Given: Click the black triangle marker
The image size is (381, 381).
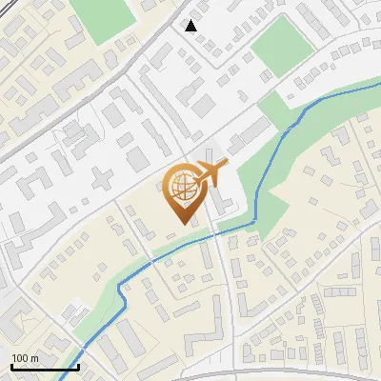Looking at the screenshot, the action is (191, 26).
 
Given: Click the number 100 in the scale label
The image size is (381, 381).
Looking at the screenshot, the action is (20, 358).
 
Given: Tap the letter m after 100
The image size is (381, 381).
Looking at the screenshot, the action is (34, 358).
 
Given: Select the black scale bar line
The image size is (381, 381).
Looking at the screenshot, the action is (45, 367).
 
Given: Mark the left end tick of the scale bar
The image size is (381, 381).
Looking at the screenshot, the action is (11, 366).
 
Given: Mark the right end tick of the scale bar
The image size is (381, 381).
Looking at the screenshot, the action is (78, 366).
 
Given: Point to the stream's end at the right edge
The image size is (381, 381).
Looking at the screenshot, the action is (379, 83).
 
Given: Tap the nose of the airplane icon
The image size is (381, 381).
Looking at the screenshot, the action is (229, 167).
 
